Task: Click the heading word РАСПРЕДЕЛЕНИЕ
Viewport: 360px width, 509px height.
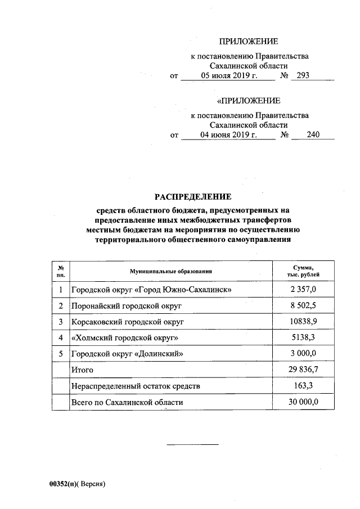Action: pyautogui.click(x=193, y=197)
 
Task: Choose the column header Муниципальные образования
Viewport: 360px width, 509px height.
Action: pyautogui.click(x=170, y=272)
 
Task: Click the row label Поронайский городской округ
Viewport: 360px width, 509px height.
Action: pyautogui.click(x=127, y=305)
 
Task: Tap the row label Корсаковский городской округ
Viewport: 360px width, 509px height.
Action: pyautogui.click(x=128, y=322)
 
